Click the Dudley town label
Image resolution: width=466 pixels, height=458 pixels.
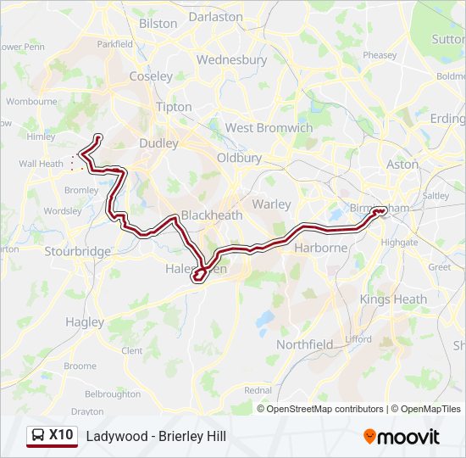[x=159, y=143]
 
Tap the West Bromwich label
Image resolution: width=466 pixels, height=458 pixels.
[x=269, y=128]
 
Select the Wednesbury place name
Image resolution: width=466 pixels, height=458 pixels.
[x=231, y=60]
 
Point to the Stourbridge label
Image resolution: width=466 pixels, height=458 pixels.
[x=78, y=251]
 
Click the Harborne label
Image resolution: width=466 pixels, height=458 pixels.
[x=320, y=248]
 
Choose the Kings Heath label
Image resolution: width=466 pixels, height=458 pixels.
[x=393, y=299]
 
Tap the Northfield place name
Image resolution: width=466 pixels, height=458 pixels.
[x=305, y=344]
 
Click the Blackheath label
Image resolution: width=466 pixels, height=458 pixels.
[x=212, y=215]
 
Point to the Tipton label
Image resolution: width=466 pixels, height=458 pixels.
[x=174, y=107]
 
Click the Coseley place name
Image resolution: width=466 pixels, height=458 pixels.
[x=151, y=76]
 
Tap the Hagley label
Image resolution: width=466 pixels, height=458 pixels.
[x=85, y=322]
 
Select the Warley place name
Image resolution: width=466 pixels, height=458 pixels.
[x=271, y=204]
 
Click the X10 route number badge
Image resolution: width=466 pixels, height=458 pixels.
[x=61, y=435]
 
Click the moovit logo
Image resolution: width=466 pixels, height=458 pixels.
[x=402, y=437]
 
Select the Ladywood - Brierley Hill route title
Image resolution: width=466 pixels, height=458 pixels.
[x=156, y=436]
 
